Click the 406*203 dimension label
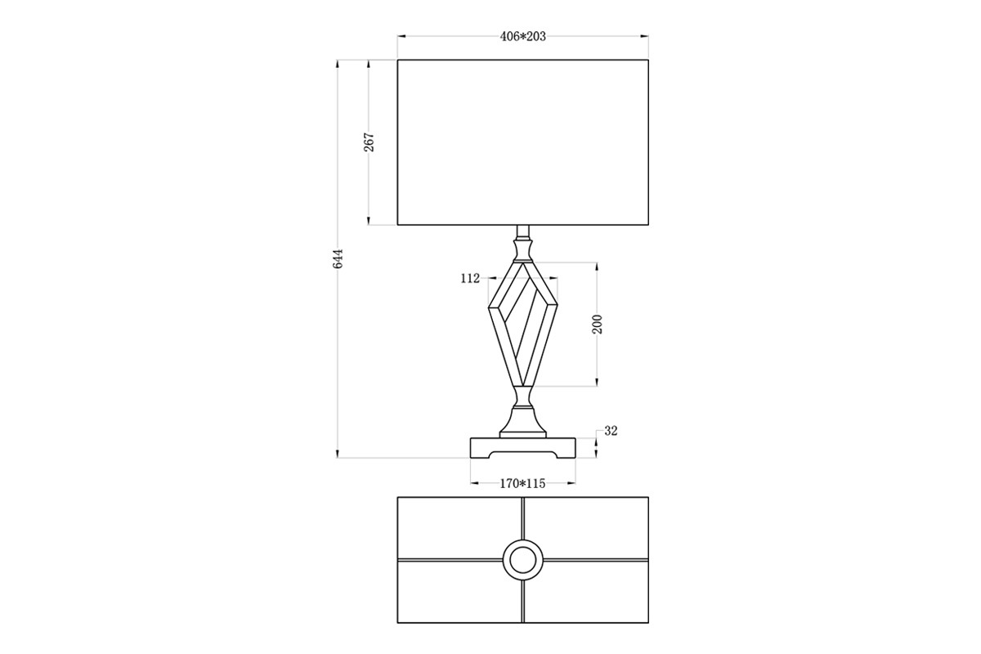point(523,37)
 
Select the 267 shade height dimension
point(370,142)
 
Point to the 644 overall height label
point(338,259)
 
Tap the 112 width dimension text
point(470,278)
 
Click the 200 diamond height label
point(598,325)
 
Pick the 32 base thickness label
point(611,431)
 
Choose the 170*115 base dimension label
point(523,484)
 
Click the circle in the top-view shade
point(523,560)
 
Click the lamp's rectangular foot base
point(523,448)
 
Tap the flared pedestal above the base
point(523,422)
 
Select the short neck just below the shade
point(523,231)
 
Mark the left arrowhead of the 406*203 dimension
point(401,37)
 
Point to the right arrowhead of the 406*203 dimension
point(645,37)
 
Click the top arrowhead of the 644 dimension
point(337,64)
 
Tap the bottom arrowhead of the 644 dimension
point(337,455)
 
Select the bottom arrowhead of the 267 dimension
point(369,222)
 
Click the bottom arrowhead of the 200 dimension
point(597,383)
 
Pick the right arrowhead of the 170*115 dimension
point(572,484)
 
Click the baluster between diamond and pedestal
point(523,396)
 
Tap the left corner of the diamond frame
point(488,308)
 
